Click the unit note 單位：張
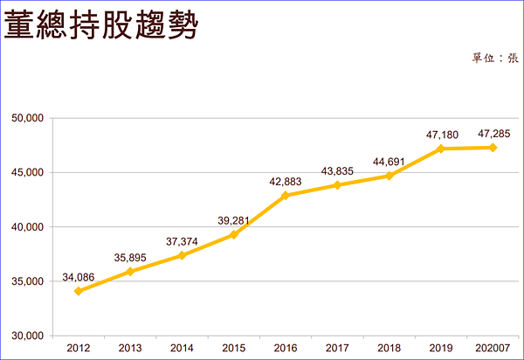pyautogui.click(x=495, y=59)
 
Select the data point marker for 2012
pyautogui.click(x=79, y=291)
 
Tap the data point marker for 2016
pyautogui.click(x=286, y=195)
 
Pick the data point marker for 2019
pyautogui.click(x=441, y=149)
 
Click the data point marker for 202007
pyautogui.click(x=493, y=148)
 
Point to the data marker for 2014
pyautogui.click(x=182, y=255)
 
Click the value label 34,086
pyautogui.click(x=79, y=278)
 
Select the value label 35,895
pyautogui.click(x=130, y=258)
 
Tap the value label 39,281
pyautogui.click(x=234, y=220)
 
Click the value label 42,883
pyautogui.click(x=286, y=181)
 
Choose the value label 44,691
pyautogui.click(x=390, y=162)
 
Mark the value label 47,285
pyautogui.click(x=493, y=134)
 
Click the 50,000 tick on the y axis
pyautogui.click(x=31, y=118)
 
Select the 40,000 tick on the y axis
pyautogui.click(x=31, y=227)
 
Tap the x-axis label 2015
pyautogui.click(x=234, y=349)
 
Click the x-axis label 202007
pyautogui.click(x=493, y=349)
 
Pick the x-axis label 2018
pyautogui.click(x=390, y=349)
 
